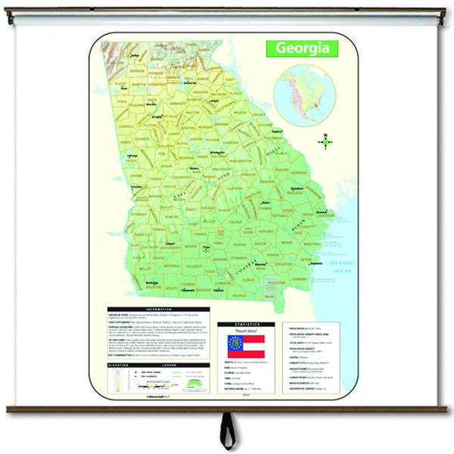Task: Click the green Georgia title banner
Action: (301, 48)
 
